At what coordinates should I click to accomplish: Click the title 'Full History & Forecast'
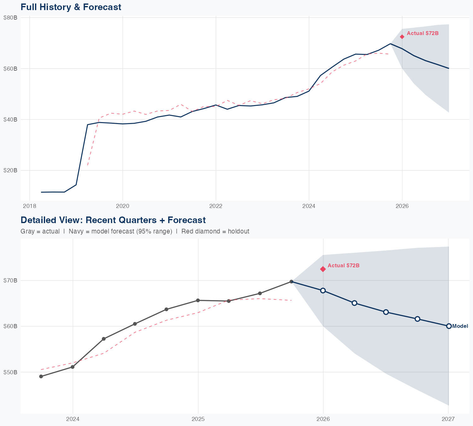(x=71, y=7)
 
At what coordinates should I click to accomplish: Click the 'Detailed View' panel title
(x=113, y=220)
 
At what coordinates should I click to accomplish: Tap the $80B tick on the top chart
(x=10, y=18)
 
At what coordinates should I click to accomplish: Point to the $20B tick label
(x=10, y=170)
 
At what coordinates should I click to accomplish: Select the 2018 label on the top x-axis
(x=29, y=206)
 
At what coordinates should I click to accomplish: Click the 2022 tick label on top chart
(x=216, y=206)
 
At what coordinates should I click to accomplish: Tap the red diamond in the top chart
(x=402, y=37)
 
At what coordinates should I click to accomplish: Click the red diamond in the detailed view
(x=323, y=269)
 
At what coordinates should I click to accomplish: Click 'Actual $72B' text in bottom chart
(x=343, y=266)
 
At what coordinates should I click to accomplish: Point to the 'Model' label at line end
(x=460, y=326)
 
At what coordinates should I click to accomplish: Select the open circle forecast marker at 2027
(x=449, y=326)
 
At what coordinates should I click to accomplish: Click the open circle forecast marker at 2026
(x=323, y=290)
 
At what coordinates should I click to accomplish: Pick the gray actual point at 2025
(x=198, y=300)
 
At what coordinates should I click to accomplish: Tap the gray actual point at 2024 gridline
(x=73, y=367)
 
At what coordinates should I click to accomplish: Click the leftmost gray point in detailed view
(x=41, y=376)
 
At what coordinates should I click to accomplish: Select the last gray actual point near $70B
(x=291, y=281)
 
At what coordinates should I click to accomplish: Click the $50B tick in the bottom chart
(x=10, y=372)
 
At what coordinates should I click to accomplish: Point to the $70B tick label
(x=10, y=280)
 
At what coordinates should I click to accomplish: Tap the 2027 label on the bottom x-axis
(x=448, y=419)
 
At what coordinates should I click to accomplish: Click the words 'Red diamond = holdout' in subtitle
(x=215, y=231)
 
